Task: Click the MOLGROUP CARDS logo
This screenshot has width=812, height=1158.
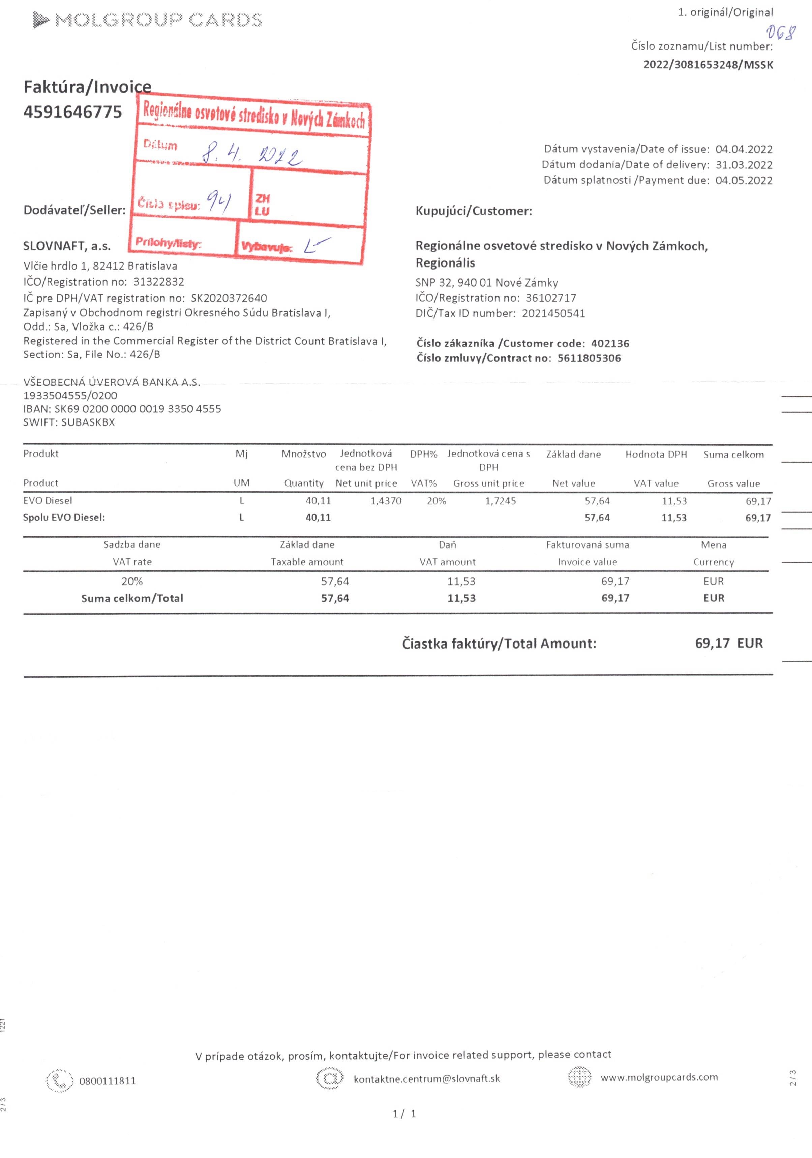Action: coord(147,20)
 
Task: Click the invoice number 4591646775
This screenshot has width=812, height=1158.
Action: coord(73,112)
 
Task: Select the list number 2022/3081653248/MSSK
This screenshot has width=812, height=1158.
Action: coord(708,65)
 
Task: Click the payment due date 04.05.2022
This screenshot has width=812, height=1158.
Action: coord(744,181)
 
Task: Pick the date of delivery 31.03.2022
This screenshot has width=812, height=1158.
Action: coord(744,165)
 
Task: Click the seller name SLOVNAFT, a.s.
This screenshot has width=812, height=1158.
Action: coord(67,246)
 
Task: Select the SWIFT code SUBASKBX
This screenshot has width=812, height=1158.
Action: coord(88,422)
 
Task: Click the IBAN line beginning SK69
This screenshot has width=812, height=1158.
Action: coord(122,409)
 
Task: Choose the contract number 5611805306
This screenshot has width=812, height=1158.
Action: coord(589,358)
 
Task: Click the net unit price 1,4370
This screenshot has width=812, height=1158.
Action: coord(386,501)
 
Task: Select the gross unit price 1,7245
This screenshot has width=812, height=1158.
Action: coord(500,501)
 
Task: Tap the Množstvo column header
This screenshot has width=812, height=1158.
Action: coord(304,454)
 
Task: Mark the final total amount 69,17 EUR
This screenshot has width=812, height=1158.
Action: coord(729,644)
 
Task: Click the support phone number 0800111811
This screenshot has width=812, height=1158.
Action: coord(108,1081)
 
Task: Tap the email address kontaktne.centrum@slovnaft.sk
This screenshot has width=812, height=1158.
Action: coord(426,1079)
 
